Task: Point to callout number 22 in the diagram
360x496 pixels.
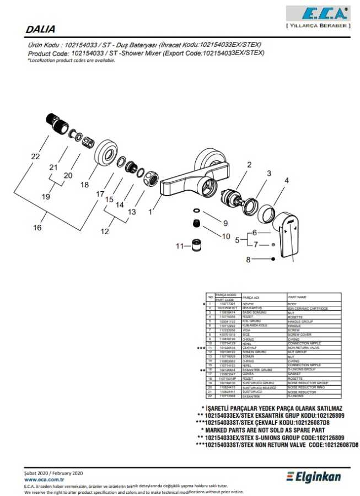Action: [35, 157]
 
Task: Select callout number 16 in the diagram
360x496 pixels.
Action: [37, 227]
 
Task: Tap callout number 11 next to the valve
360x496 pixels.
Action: [178, 246]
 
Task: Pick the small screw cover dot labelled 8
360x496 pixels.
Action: [273, 259]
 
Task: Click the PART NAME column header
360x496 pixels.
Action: [297, 297]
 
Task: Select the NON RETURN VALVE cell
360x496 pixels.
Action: [304, 348]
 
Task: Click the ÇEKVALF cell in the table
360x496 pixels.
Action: [250, 348]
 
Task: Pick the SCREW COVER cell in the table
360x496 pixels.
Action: [298, 335]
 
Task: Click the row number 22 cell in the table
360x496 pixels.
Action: [210, 396]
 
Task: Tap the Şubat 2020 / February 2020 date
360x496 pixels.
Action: [53, 473]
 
